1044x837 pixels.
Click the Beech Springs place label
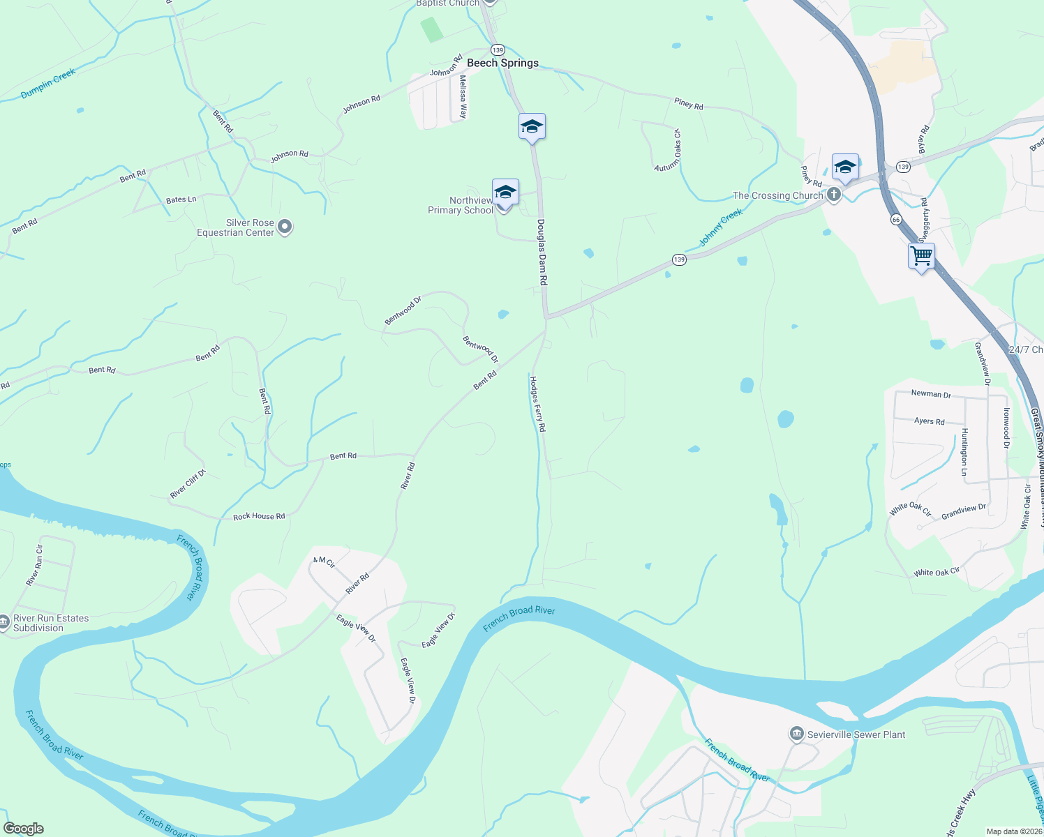pos(502,63)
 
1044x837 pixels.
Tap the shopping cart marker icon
pos(921,256)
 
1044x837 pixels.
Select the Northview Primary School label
pos(461,205)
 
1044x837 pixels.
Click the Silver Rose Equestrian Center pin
pos(285,227)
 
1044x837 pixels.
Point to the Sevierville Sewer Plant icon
pos(797,734)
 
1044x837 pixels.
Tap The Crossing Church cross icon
pos(834,195)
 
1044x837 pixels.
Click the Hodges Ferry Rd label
pos(537,404)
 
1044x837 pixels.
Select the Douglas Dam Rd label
pos(542,252)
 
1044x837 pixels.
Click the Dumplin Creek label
pos(48,84)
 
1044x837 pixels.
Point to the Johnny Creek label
pos(721,227)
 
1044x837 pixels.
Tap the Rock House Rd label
pos(259,516)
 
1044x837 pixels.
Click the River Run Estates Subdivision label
pos(51,623)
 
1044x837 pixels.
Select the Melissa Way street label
pos(463,97)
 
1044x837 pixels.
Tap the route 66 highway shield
pos(896,220)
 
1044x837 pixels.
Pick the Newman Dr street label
pos(931,394)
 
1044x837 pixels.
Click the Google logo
pos(23,828)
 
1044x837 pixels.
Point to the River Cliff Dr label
pos(188,484)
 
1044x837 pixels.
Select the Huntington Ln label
pos(964,452)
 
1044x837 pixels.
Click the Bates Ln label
pos(181,199)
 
